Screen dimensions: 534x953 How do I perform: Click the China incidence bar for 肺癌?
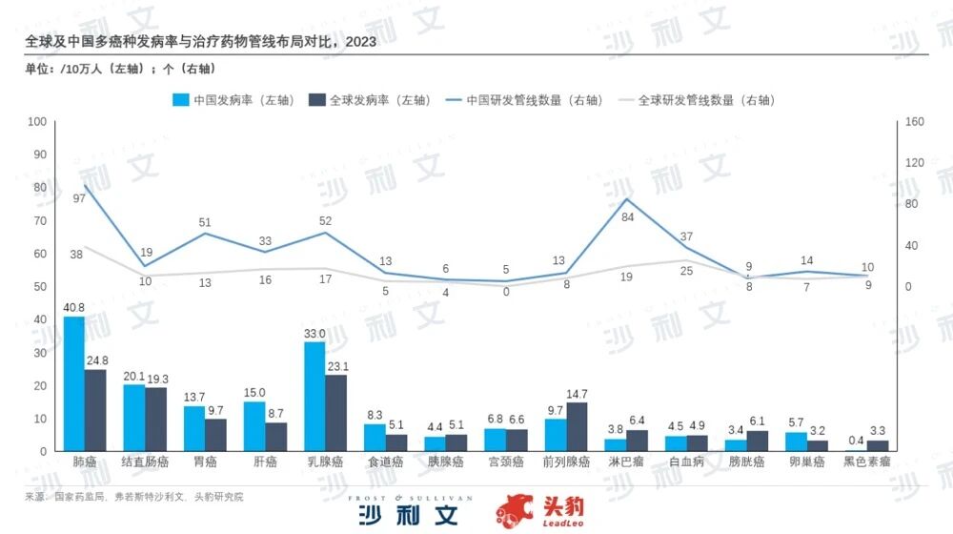coord(73,383)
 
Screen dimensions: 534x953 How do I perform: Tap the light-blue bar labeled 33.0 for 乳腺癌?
coord(314,396)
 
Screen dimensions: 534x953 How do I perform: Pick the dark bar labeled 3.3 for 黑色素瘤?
coord(879,445)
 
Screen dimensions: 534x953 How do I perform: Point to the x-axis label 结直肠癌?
coord(145,462)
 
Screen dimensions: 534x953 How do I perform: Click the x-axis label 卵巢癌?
coord(807,462)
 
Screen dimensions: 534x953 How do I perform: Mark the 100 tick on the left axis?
coord(38,121)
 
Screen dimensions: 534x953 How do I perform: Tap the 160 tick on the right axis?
coord(915,121)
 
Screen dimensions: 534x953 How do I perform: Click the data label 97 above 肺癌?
coord(79,198)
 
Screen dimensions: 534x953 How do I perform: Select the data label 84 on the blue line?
coord(627,217)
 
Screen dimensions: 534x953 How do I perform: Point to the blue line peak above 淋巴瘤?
coord(626,198)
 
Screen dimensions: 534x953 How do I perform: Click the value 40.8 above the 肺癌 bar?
coord(73,307)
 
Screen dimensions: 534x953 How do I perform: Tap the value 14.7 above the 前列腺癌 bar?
coord(578,394)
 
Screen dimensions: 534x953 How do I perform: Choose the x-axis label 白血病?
coord(687,462)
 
